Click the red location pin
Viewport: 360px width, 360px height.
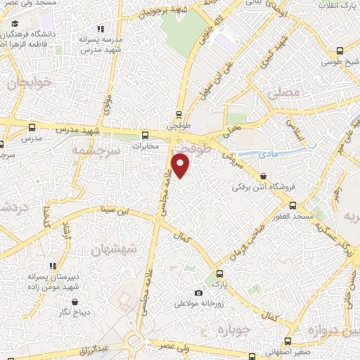point(181,165)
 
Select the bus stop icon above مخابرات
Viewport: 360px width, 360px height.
point(145,135)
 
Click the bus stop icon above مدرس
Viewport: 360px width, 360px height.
point(31,128)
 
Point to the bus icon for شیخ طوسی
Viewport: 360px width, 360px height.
point(340,51)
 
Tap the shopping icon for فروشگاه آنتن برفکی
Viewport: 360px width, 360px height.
point(263,176)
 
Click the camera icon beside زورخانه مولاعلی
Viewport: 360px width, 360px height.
point(198,292)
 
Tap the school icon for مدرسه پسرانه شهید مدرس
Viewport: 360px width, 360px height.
point(100,29)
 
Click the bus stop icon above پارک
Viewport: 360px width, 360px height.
point(221,274)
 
